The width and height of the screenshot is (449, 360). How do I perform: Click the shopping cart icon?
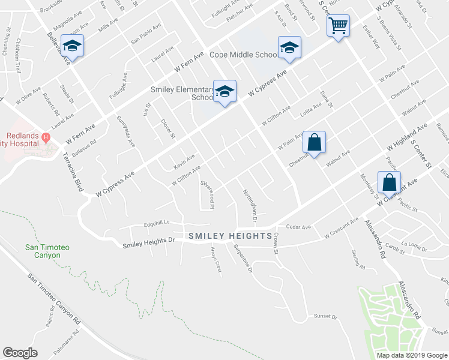(x=339, y=26)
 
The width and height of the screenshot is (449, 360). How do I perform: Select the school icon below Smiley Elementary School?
(x=225, y=92)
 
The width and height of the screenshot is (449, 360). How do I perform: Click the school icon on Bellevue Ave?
(x=73, y=46)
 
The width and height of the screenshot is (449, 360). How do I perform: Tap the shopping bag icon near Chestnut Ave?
(x=314, y=143)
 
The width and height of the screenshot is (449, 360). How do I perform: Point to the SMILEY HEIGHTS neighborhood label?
(x=231, y=236)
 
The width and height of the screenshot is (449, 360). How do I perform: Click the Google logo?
(x=20, y=353)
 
